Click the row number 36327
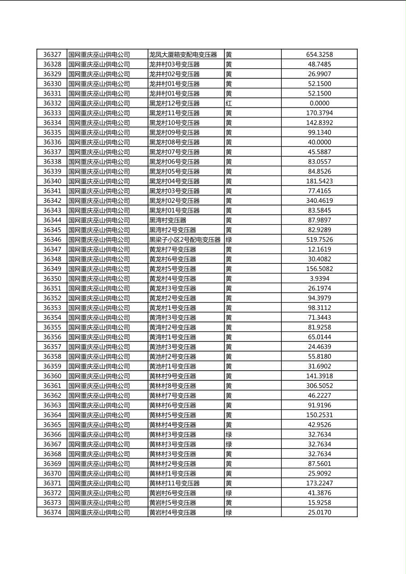pos(52,55)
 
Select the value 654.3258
pos(319,55)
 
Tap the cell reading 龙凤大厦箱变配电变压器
pos(183,55)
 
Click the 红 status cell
pos(228,103)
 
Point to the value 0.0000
pos(319,103)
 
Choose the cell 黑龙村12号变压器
pos(174,103)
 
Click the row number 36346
pos(52,240)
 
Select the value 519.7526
pos(319,240)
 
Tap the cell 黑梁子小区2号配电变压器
pos(185,240)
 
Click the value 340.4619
pos(319,201)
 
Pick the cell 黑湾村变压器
pos(167,220)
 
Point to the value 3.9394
pos(319,278)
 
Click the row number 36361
pos(52,386)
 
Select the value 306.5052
pos(319,386)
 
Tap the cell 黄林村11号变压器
pos(174,483)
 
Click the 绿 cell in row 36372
pos(228,493)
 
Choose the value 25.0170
pos(319,513)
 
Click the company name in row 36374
pos(99,513)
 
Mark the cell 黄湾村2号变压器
pos(173,327)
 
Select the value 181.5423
pos(319,181)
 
